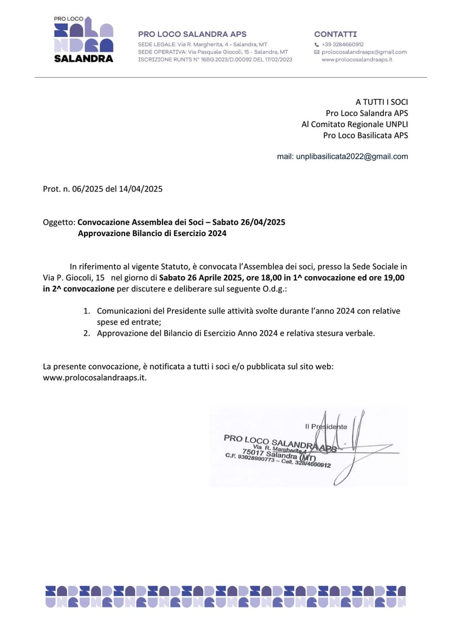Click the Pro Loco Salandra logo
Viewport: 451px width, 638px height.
pos(83,39)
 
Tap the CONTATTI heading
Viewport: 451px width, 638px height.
pos(335,34)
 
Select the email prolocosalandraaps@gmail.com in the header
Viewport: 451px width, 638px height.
pos(364,52)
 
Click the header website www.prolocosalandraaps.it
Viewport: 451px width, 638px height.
pos(357,59)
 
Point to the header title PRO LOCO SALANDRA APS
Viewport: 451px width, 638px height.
pos(192,34)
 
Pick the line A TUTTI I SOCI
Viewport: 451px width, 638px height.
pos(382,102)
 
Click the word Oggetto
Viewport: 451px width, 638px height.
pos(59,222)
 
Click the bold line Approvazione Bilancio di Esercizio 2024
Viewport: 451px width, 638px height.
pos(152,233)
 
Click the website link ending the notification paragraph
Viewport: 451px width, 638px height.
pos(95,378)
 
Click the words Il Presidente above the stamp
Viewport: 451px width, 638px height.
pos(326,427)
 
